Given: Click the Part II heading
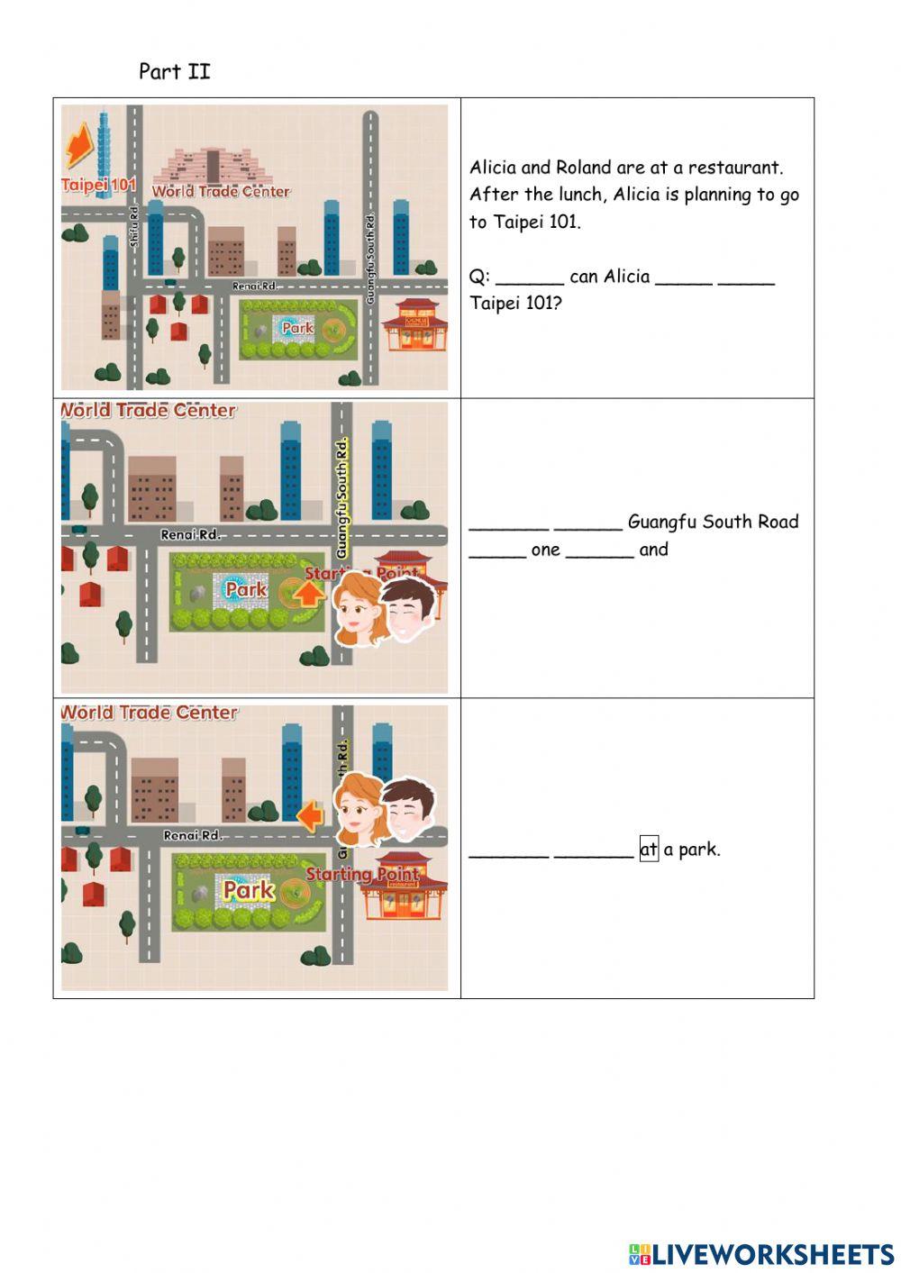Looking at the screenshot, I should [175, 72].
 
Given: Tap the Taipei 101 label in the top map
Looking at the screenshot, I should [98, 186].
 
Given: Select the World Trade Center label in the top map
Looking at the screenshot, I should [221, 191].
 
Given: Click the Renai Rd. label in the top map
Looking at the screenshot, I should [254, 286].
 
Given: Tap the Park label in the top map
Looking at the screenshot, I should [297, 328].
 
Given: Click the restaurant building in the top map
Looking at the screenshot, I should [415, 324].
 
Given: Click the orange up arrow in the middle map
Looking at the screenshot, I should [309, 594].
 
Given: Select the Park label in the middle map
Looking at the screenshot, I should [246, 590].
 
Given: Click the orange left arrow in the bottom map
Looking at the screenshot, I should [310, 816].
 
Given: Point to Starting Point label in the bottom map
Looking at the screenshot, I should [361, 874].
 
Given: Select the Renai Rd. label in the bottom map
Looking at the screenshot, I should [192, 836].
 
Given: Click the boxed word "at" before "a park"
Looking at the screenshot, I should [649, 850].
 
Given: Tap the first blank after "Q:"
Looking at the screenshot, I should [529, 278].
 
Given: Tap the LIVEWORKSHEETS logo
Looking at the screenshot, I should [760, 1254].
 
